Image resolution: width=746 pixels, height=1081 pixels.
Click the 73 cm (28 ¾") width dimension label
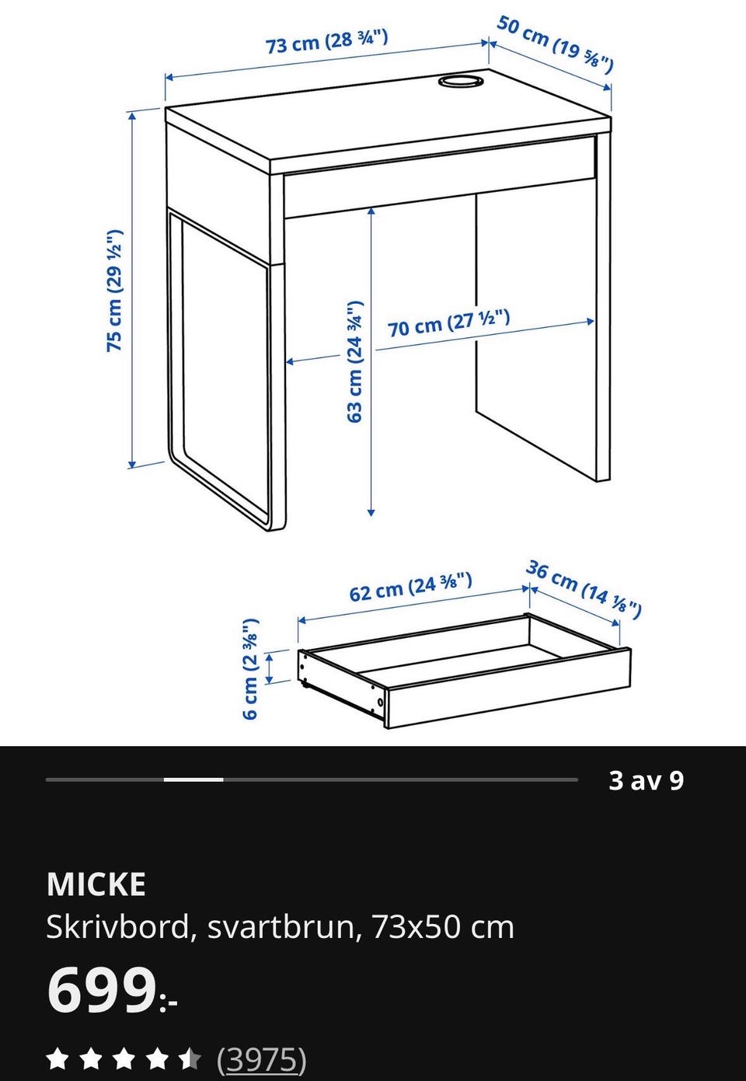[x=326, y=42]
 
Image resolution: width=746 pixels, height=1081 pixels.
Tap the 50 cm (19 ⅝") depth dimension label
[x=556, y=44]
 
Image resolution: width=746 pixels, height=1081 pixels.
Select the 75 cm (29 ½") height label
[x=114, y=291]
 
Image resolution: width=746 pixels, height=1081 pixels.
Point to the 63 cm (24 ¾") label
[x=354, y=361]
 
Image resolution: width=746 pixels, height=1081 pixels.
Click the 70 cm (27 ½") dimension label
[x=448, y=323]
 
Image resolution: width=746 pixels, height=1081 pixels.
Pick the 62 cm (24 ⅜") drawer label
[x=410, y=587]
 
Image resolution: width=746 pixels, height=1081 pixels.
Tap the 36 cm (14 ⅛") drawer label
[x=584, y=589]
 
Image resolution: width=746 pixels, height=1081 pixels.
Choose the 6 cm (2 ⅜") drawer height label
[x=251, y=669]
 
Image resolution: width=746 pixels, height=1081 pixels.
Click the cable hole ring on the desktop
[x=461, y=80]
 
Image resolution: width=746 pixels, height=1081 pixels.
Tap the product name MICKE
[x=96, y=884]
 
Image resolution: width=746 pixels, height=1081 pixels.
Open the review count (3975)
[x=261, y=1059]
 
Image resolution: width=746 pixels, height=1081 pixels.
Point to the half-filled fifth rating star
[x=190, y=1058]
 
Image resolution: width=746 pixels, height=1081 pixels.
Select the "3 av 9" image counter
[x=646, y=780]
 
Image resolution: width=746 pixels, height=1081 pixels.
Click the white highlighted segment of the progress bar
[x=193, y=779]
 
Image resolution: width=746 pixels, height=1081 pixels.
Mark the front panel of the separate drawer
[x=507, y=687]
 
